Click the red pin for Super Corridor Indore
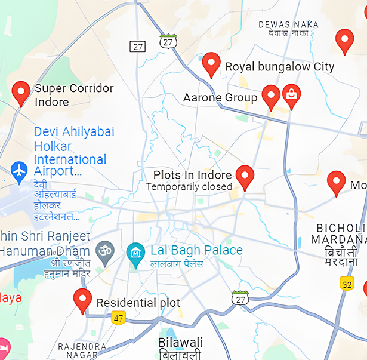pos(21,93)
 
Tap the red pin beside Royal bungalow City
pos(211,64)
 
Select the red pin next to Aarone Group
pos(271,96)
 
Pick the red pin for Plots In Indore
pos(245,177)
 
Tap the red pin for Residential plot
pos(82,300)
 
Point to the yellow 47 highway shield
pos(118,318)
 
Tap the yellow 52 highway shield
pos(347,284)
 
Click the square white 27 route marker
pos(138,47)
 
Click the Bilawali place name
pos(180,343)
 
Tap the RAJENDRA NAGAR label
pos(82,350)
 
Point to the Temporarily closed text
pos(189,187)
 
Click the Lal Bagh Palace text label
pos(196,250)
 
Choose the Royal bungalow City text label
pos(279,67)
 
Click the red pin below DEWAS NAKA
pos(344,41)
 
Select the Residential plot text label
pos(138,303)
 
